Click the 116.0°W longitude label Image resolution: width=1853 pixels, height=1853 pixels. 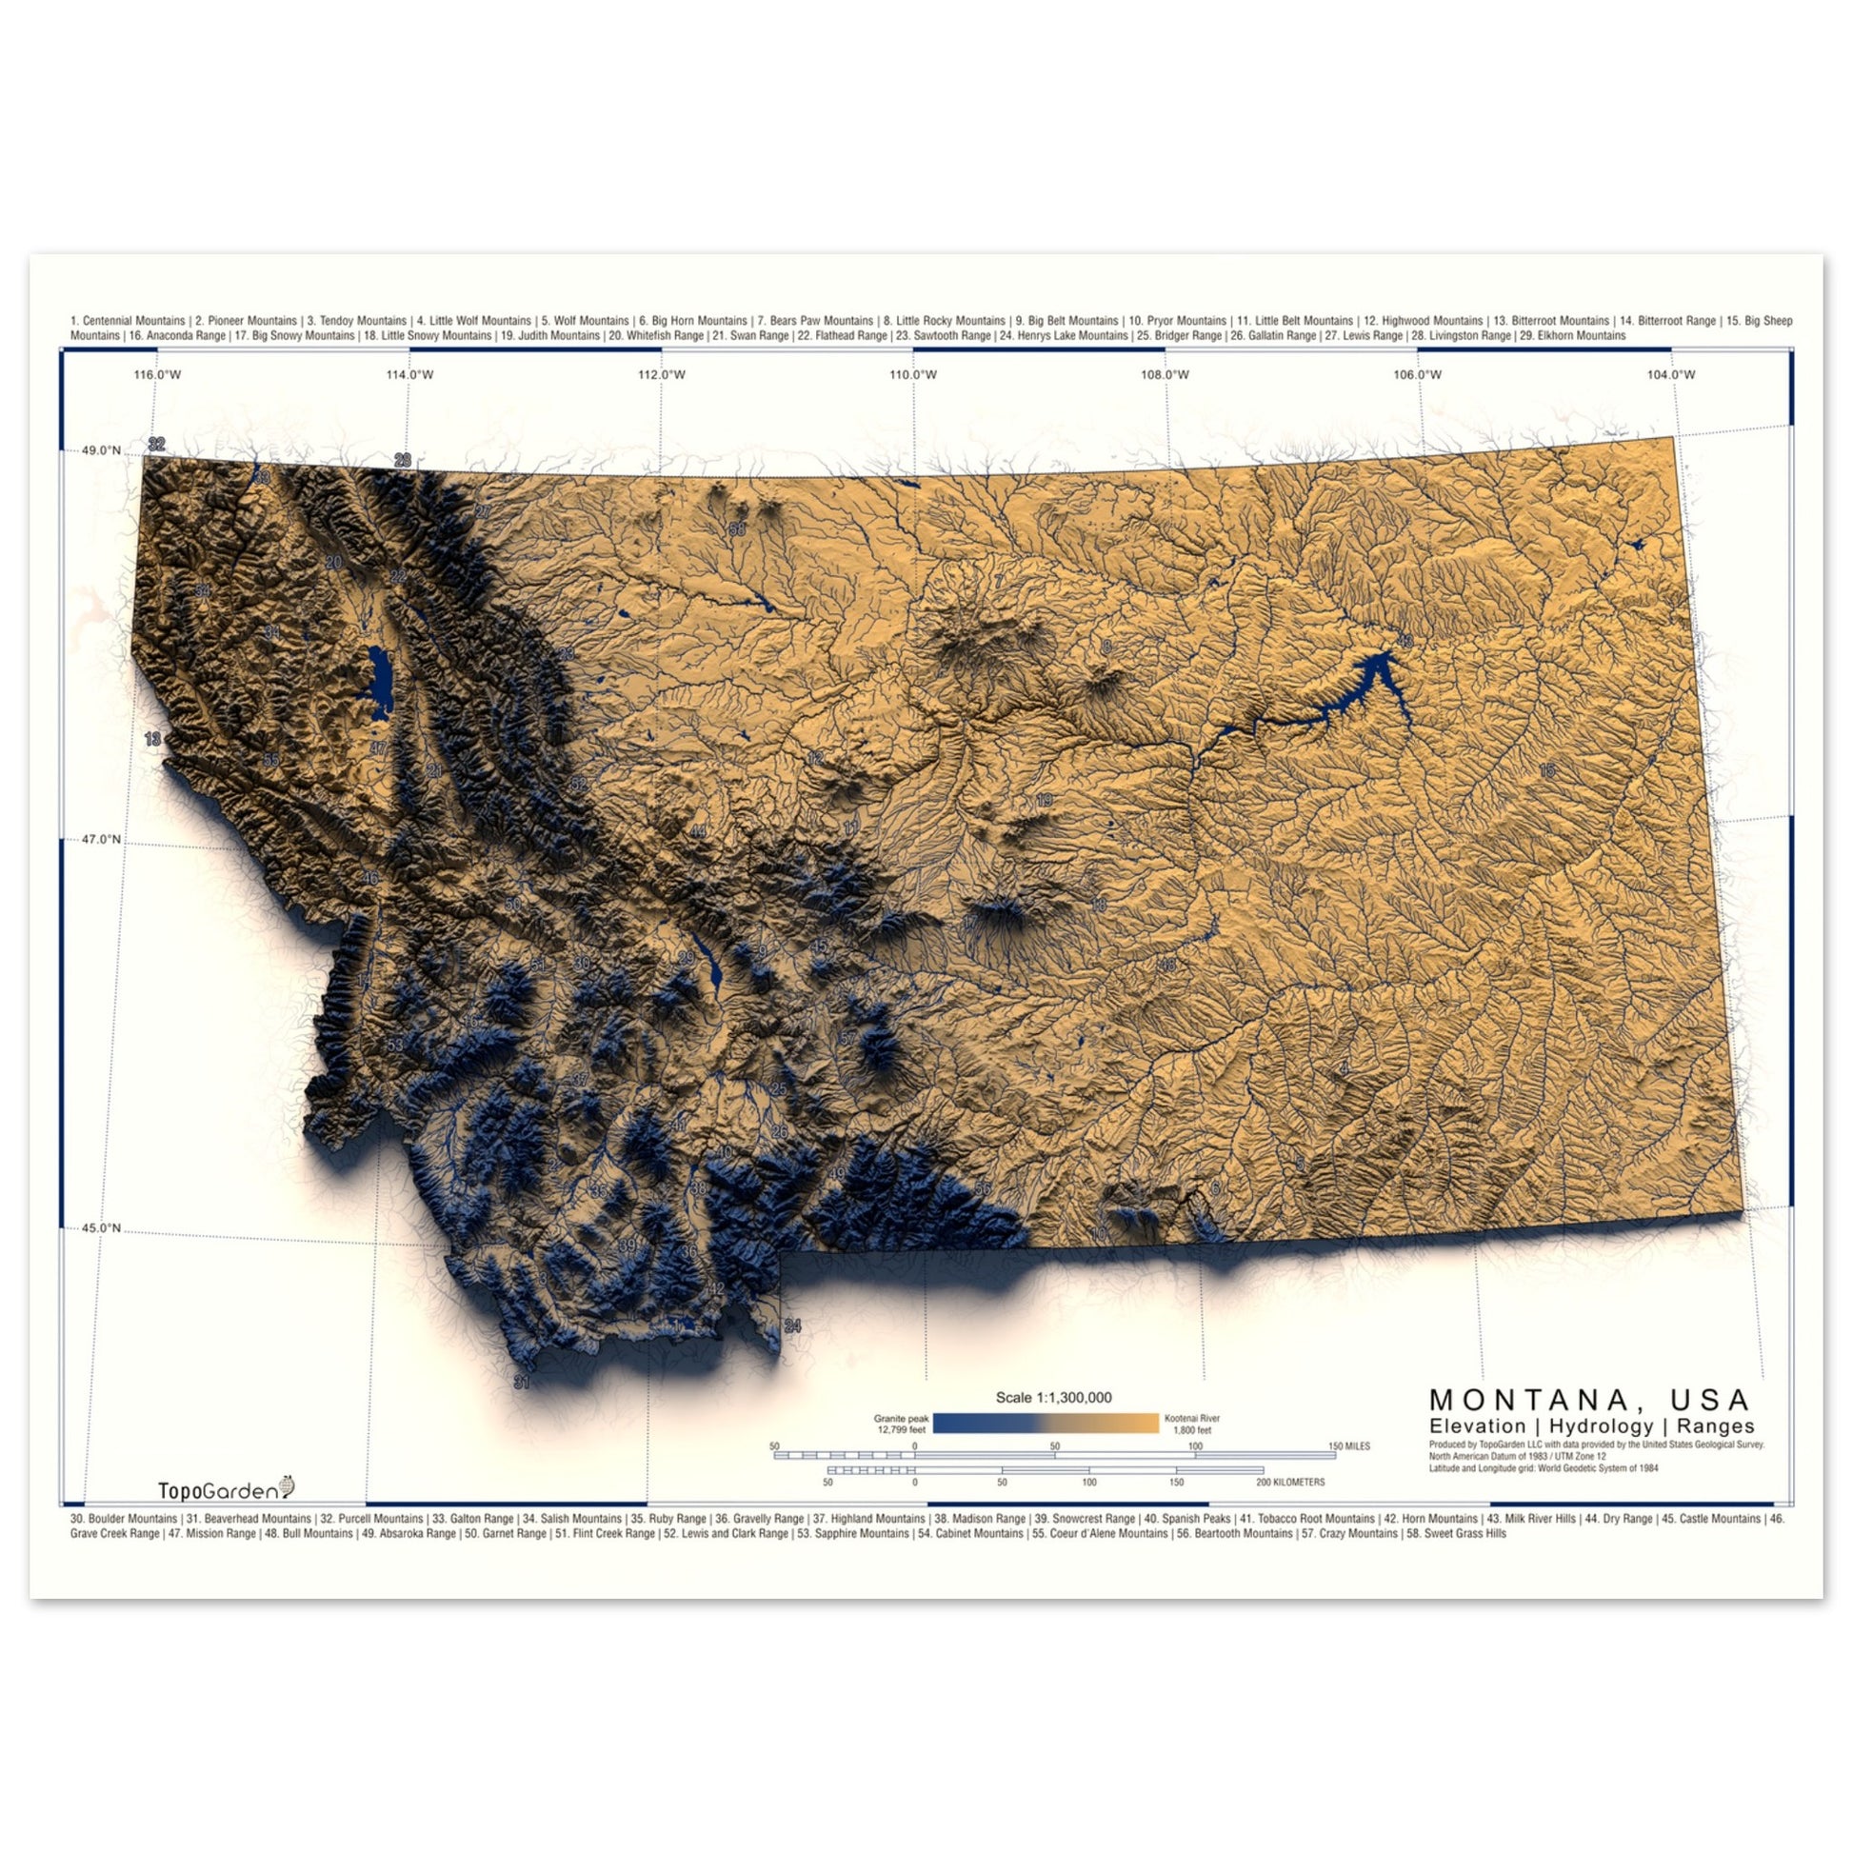coord(157,374)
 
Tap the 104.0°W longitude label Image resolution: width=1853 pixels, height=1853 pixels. coord(1671,374)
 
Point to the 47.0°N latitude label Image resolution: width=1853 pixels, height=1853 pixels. coord(102,839)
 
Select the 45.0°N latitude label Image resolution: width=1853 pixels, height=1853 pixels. coord(102,1227)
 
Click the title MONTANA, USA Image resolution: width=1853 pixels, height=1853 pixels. coord(1590,1400)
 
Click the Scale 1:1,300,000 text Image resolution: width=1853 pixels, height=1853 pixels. coord(1053,1398)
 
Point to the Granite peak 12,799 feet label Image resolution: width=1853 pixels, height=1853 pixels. coord(901,1424)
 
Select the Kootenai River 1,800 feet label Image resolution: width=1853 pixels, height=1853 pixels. coord(1191,1424)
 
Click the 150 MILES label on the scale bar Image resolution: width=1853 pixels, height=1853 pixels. coord(1348,1446)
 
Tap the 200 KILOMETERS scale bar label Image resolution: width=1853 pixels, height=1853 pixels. coord(1290,1482)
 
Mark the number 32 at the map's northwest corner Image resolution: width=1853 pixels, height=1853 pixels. coord(156,444)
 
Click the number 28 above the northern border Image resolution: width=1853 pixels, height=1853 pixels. coord(402,459)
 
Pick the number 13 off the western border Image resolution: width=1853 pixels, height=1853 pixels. coord(152,740)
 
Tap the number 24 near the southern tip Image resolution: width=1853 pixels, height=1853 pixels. coord(792,1326)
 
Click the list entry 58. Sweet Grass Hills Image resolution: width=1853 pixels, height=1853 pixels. coord(1456,1534)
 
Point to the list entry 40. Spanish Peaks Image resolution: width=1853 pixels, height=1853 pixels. coord(1186,1519)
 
